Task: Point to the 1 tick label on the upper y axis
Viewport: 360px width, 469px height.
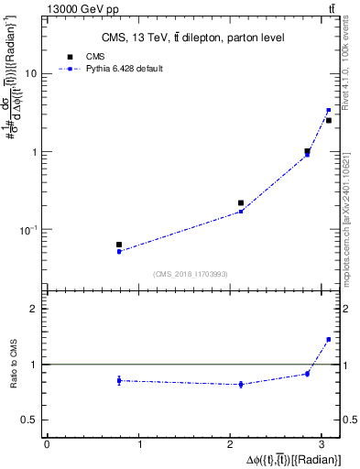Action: [35, 151]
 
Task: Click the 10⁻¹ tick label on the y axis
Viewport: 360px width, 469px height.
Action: [29, 229]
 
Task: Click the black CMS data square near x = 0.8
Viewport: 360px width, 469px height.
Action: [119, 245]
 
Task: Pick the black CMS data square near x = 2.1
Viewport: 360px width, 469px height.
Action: [241, 202]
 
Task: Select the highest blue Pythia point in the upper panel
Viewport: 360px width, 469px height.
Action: [328, 110]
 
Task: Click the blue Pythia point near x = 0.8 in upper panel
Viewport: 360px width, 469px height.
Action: [119, 251]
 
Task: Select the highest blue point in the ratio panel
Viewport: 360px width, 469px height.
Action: [328, 339]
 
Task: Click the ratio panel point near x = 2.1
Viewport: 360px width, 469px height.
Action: [241, 384]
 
